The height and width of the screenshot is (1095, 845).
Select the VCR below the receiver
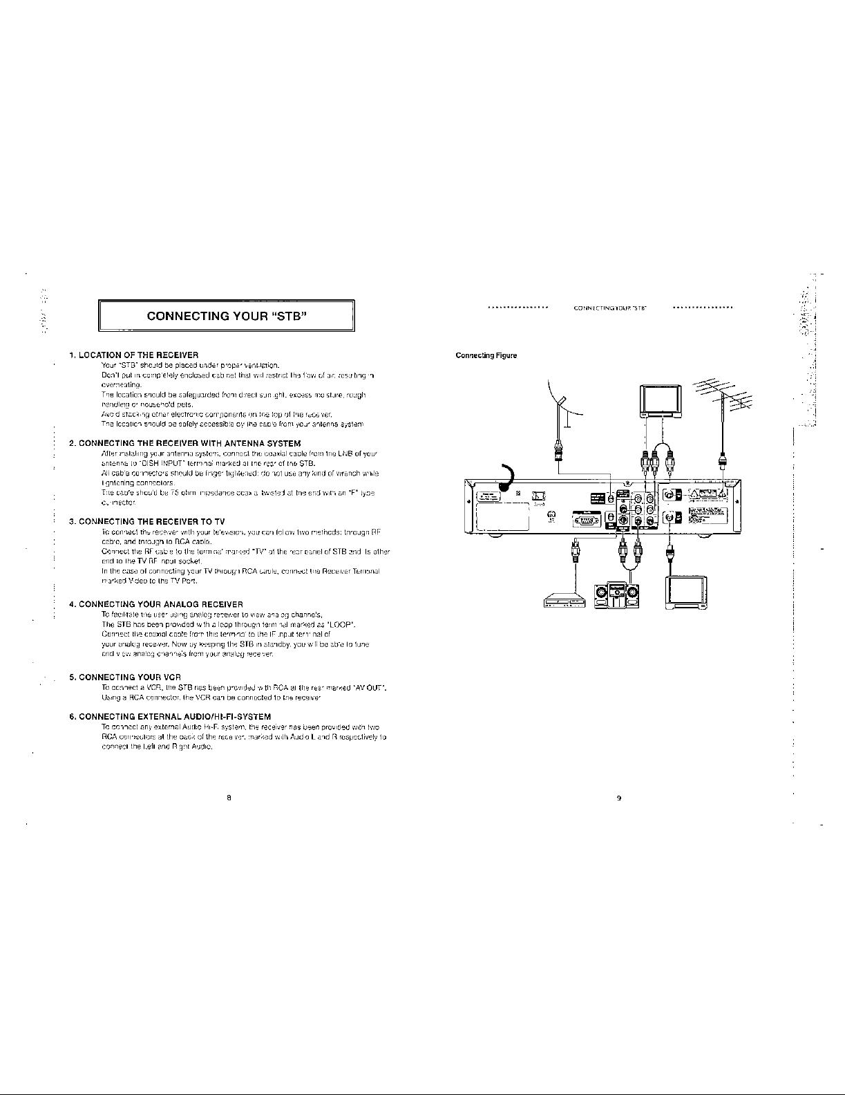point(564,602)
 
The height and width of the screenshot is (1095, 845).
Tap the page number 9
point(619,798)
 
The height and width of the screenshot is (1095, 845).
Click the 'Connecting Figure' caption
point(486,356)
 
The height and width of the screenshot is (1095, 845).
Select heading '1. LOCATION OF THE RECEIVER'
point(134,355)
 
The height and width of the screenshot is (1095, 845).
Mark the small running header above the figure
point(611,308)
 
